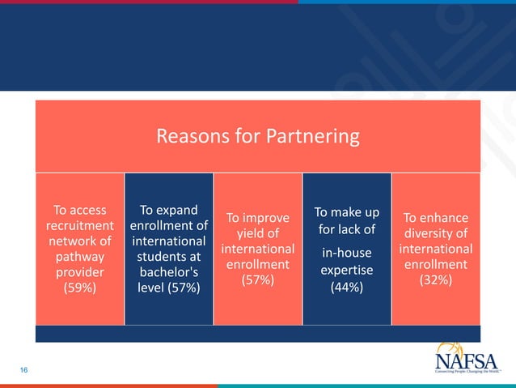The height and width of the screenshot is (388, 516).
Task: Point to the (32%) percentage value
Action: (x=436, y=280)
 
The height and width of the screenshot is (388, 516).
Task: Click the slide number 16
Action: (x=24, y=370)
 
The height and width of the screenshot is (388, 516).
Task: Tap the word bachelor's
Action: (x=168, y=272)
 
